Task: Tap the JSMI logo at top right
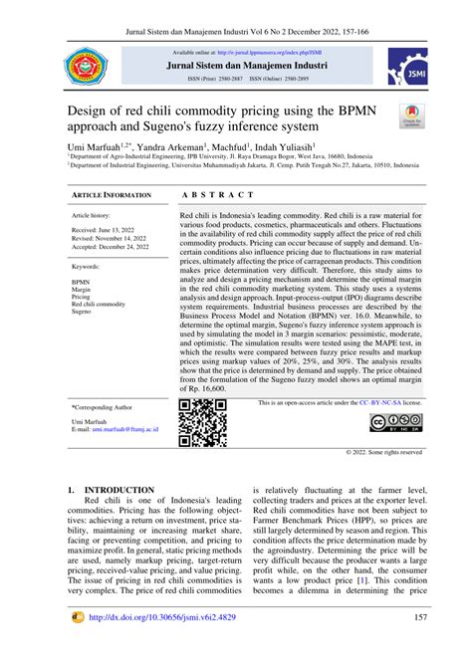[402, 71]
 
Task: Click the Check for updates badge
[411, 116]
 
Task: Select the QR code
[203, 422]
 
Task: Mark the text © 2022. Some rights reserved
[383, 451]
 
